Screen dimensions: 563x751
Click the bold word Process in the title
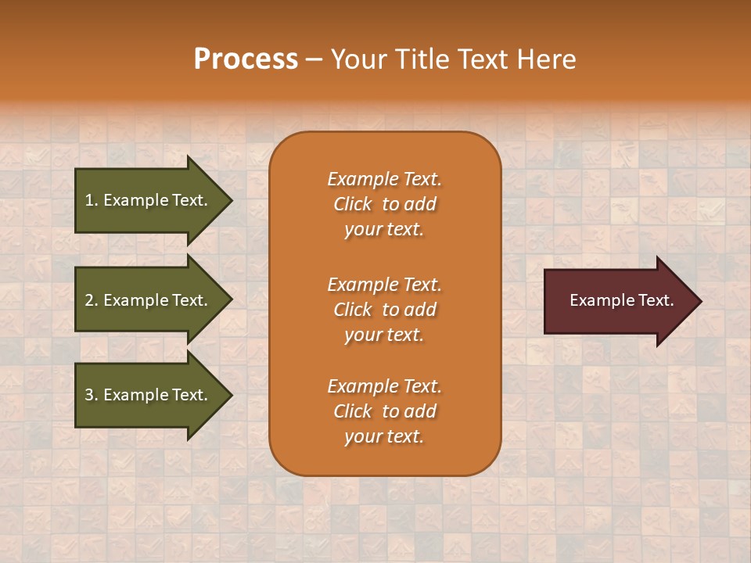246,59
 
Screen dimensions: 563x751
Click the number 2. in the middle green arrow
92,300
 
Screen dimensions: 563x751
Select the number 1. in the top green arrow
92,200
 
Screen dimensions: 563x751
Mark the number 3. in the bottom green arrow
92,395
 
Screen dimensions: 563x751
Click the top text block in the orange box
384,204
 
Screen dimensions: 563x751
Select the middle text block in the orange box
384,310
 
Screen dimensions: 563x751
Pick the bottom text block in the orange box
384,411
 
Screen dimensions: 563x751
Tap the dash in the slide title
314,60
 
